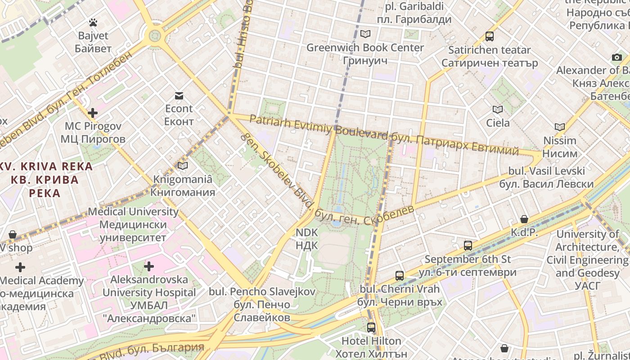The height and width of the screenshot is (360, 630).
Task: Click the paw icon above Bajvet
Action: point(93,22)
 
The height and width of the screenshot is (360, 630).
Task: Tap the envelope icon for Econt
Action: point(179,95)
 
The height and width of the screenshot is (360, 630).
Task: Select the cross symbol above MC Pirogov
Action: point(93,112)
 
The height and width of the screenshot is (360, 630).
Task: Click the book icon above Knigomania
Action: point(182,166)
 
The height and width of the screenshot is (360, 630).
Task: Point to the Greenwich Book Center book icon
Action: point(365,34)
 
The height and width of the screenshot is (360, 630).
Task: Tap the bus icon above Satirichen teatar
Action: point(489,36)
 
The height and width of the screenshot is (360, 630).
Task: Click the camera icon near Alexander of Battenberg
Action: point(616,57)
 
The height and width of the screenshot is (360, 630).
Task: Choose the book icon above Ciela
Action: point(498,109)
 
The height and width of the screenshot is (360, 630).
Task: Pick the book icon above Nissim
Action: point(560,127)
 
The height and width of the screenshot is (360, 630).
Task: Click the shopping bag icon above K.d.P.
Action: point(524,219)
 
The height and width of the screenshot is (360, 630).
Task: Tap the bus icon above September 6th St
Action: point(468,246)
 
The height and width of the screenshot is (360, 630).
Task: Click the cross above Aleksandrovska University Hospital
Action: point(149,266)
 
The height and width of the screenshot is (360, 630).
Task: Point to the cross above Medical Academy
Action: point(20,267)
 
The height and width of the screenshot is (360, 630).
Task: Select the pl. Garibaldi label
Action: point(414,13)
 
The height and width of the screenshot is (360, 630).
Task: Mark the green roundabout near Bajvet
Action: point(155,35)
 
